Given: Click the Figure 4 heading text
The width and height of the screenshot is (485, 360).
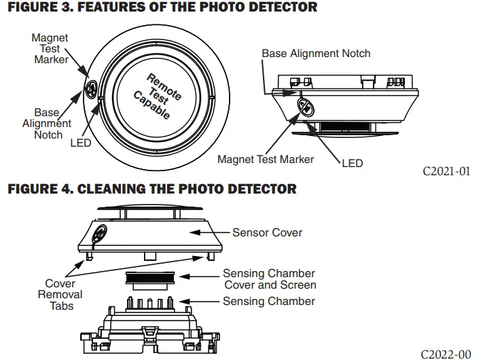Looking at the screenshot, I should (151, 188).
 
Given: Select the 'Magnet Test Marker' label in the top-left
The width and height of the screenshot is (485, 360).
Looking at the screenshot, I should (50, 49).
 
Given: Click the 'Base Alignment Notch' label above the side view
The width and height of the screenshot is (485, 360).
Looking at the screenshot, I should (316, 53).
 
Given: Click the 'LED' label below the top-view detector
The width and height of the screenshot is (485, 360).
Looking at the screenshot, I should (81, 143).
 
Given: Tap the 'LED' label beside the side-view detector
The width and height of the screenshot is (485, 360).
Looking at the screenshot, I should (352, 163).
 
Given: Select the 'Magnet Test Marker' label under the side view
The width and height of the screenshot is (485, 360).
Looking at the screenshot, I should (266, 159).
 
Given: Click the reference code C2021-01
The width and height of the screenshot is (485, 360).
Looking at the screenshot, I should (446, 170).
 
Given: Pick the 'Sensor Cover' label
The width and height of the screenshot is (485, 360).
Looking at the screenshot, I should (267, 232).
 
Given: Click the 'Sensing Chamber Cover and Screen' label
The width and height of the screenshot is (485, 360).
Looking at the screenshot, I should (270, 279).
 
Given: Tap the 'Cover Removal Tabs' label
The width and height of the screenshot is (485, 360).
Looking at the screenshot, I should (60, 295).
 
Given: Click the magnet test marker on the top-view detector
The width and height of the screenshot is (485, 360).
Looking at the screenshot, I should (92, 87).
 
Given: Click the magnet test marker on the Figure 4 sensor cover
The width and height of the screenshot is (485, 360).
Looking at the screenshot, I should (98, 233).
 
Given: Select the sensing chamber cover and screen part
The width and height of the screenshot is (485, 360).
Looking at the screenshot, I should (152, 278).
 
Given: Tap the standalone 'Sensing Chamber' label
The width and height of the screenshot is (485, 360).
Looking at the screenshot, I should (269, 301).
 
